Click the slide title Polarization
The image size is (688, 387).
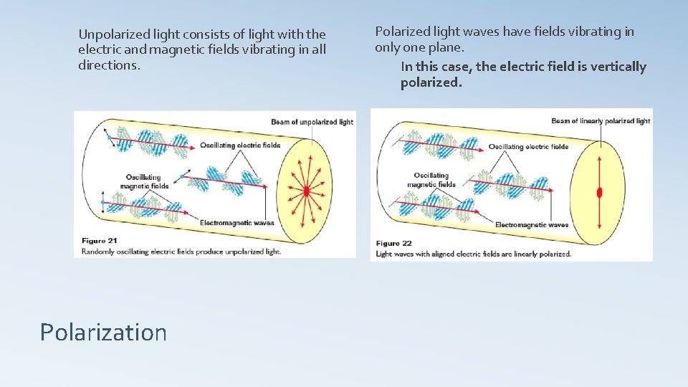coord(103,333)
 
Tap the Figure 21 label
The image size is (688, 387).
coord(99,241)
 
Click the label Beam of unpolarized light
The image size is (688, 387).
coord(312,122)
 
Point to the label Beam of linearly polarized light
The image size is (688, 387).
coord(601,121)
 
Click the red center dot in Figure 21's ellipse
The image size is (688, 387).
coord(306,191)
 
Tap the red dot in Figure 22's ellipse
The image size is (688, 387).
coord(599,192)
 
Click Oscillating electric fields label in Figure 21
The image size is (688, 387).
coord(240,145)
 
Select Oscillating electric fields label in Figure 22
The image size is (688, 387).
coord(528,147)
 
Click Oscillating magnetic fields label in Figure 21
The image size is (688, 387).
coord(143,181)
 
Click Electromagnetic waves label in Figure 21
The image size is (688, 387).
coord(236,223)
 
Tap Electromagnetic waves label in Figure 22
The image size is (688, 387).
coord(532,225)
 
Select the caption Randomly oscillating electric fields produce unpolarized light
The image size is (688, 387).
coord(181,252)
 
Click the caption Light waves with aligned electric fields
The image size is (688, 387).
coord(473,254)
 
